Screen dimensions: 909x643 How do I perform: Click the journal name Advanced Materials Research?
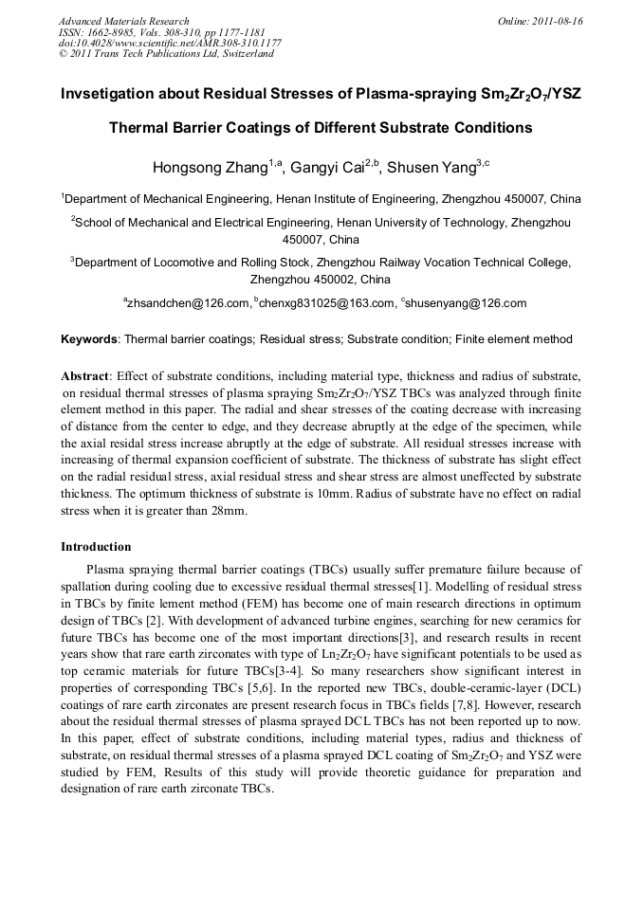(123, 21)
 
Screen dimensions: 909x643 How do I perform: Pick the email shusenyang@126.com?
(465, 303)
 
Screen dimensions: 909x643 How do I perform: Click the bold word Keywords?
(89, 338)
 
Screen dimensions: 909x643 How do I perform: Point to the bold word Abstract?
(85, 376)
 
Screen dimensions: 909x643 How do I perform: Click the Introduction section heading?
(96, 547)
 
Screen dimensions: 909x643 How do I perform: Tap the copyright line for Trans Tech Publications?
(166, 54)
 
